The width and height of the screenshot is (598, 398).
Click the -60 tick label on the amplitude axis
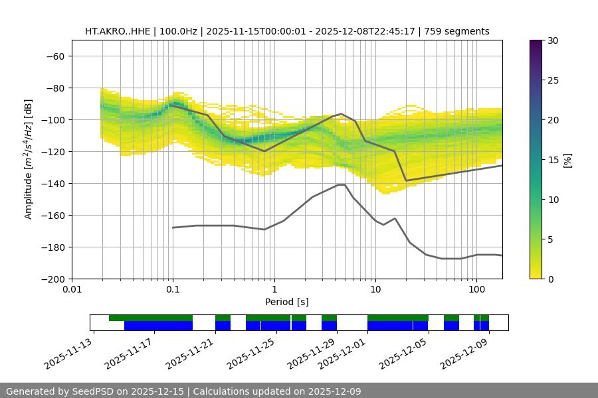point(55,56)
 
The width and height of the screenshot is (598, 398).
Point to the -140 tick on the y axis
point(55,183)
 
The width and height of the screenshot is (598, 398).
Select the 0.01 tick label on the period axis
point(72,290)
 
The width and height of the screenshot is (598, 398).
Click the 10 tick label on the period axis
point(375,290)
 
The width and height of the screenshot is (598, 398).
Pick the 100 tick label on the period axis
point(476,290)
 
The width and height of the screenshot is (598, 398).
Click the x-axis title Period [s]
point(286,302)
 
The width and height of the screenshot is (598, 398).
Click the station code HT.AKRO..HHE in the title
point(118,31)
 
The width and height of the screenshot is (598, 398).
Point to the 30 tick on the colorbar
point(553,40)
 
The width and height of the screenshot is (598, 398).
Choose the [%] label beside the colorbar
point(567,160)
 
